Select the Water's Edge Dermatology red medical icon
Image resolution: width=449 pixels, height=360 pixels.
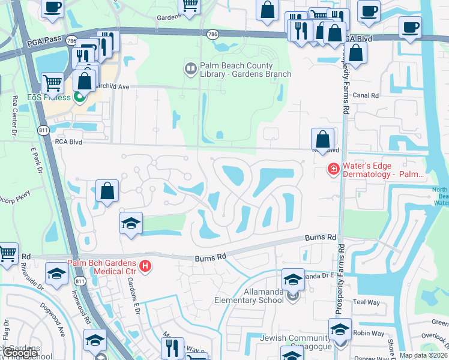[x=333, y=170]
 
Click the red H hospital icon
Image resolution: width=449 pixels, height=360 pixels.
[x=144, y=266]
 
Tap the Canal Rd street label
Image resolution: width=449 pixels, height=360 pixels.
[x=366, y=95]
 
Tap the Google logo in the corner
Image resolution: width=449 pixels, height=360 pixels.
[x=21, y=353]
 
